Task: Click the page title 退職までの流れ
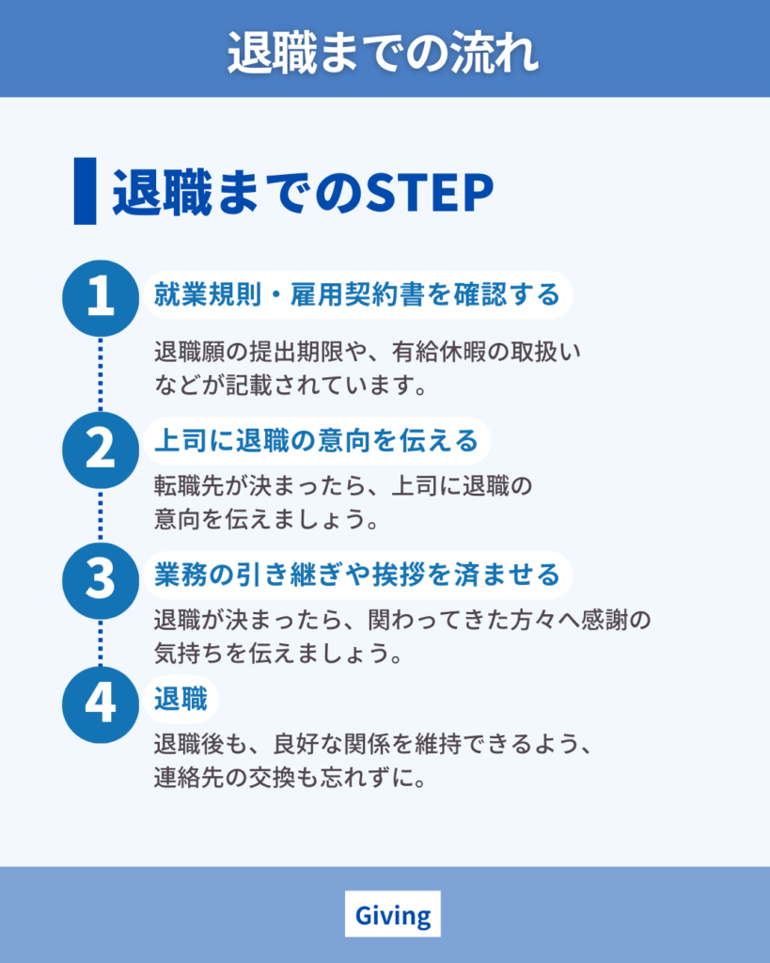click(x=384, y=54)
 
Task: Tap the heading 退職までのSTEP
click(x=303, y=193)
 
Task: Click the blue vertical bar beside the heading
click(x=85, y=191)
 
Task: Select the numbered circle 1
click(x=101, y=298)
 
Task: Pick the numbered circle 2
click(x=101, y=450)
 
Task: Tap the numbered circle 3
click(x=101, y=580)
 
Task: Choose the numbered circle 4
click(x=101, y=704)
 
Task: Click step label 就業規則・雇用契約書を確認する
click(x=356, y=294)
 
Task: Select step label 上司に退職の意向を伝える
click(x=316, y=441)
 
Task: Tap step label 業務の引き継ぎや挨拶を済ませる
click(x=356, y=575)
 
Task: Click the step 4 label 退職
click(x=181, y=699)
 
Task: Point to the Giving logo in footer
click(x=393, y=914)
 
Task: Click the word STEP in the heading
click(x=430, y=193)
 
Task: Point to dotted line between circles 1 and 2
click(x=101, y=374)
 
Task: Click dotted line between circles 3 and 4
click(x=101, y=643)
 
